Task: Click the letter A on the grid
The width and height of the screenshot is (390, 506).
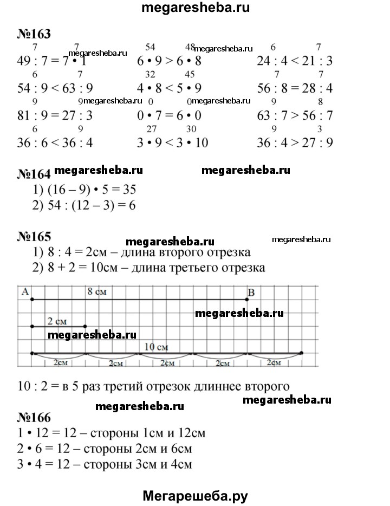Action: click(24, 291)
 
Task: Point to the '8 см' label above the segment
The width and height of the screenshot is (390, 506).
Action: click(97, 292)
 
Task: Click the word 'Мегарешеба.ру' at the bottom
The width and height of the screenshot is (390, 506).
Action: click(195, 495)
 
